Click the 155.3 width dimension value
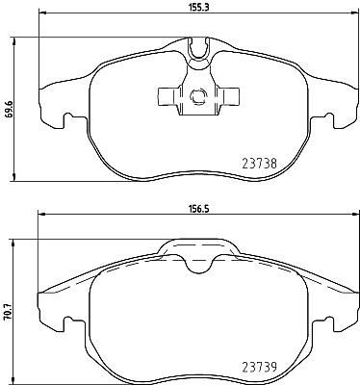[x=198, y=7]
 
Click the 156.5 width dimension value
[x=198, y=209]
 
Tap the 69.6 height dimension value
[x=10, y=109]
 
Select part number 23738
[x=259, y=164]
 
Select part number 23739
[x=259, y=367]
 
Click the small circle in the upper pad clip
[x=198, y=96]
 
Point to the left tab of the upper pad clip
[x=168, y=96]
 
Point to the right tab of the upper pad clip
[x=228, y=96]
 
